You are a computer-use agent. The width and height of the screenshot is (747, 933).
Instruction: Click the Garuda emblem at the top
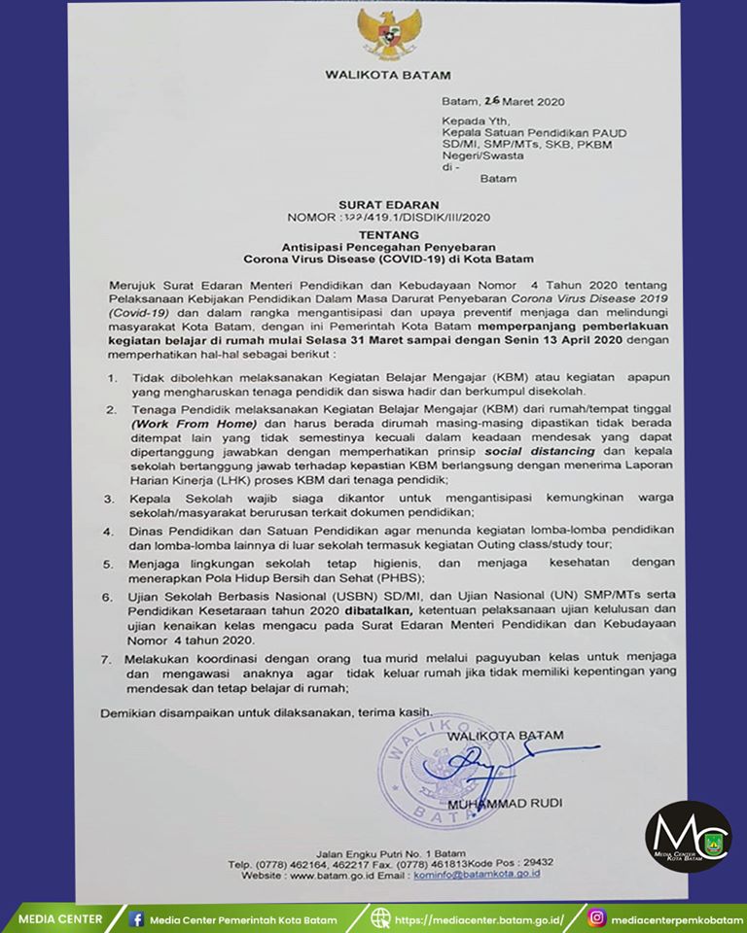(x=389, y=35)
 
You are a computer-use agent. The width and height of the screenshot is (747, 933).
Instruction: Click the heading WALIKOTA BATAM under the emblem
(x=388, y=75)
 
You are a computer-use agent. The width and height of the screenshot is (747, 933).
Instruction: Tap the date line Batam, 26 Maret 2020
(x=503, y=101)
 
